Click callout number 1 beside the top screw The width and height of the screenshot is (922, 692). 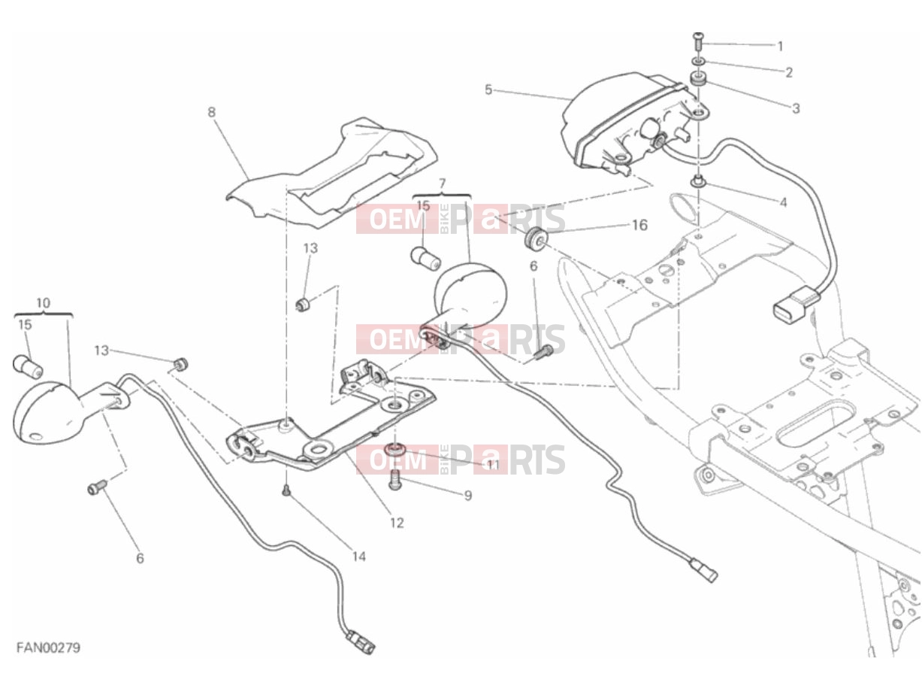point(780,46)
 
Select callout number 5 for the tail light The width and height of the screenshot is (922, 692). point(488,90)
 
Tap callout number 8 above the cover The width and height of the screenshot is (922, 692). point(211,112)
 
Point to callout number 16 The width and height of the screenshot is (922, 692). point(639,226)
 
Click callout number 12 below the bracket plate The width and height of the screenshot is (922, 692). point(397,523)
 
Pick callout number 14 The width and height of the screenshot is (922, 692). point(358,557)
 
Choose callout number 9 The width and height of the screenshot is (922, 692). point(468,496)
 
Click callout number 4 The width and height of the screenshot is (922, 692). point(783,202)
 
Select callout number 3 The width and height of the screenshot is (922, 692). point(796,108)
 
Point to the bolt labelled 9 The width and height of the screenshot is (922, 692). point(394,480)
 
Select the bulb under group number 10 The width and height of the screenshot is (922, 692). point(28,366)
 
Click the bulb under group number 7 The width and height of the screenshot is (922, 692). point(425,259)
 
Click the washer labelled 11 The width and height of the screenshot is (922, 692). point(394,448)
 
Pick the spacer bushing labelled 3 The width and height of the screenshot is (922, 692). point(698,80)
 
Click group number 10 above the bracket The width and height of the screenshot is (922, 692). point(44,302)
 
